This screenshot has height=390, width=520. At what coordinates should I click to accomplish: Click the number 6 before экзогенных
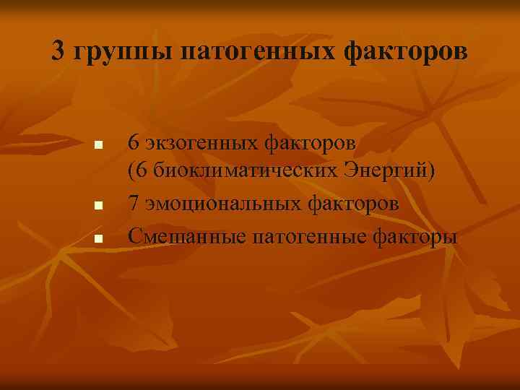(x=134, y=143)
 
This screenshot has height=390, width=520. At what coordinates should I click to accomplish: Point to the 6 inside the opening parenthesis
(x=140, y=173)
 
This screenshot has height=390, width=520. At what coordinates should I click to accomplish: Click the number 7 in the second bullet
(x=134, y=204)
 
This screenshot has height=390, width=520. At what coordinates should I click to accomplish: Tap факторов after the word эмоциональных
(x=353, y=205)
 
